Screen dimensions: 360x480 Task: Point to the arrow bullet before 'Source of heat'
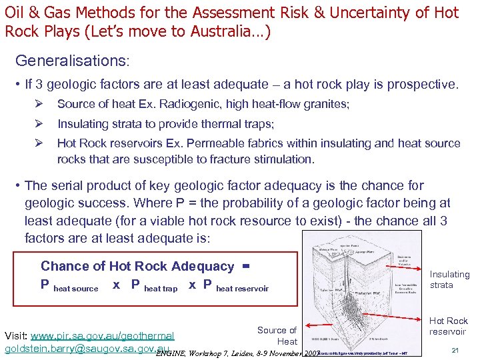tap(39, 104)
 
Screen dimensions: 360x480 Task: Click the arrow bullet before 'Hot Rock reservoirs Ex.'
tap(39, 143)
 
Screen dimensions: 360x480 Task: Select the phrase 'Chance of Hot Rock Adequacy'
tap(137, 267)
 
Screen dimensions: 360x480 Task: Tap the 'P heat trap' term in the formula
tap(154, 286)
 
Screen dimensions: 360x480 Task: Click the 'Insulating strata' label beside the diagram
tap(449, 279)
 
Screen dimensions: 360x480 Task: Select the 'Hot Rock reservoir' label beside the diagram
tap(448, 326)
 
